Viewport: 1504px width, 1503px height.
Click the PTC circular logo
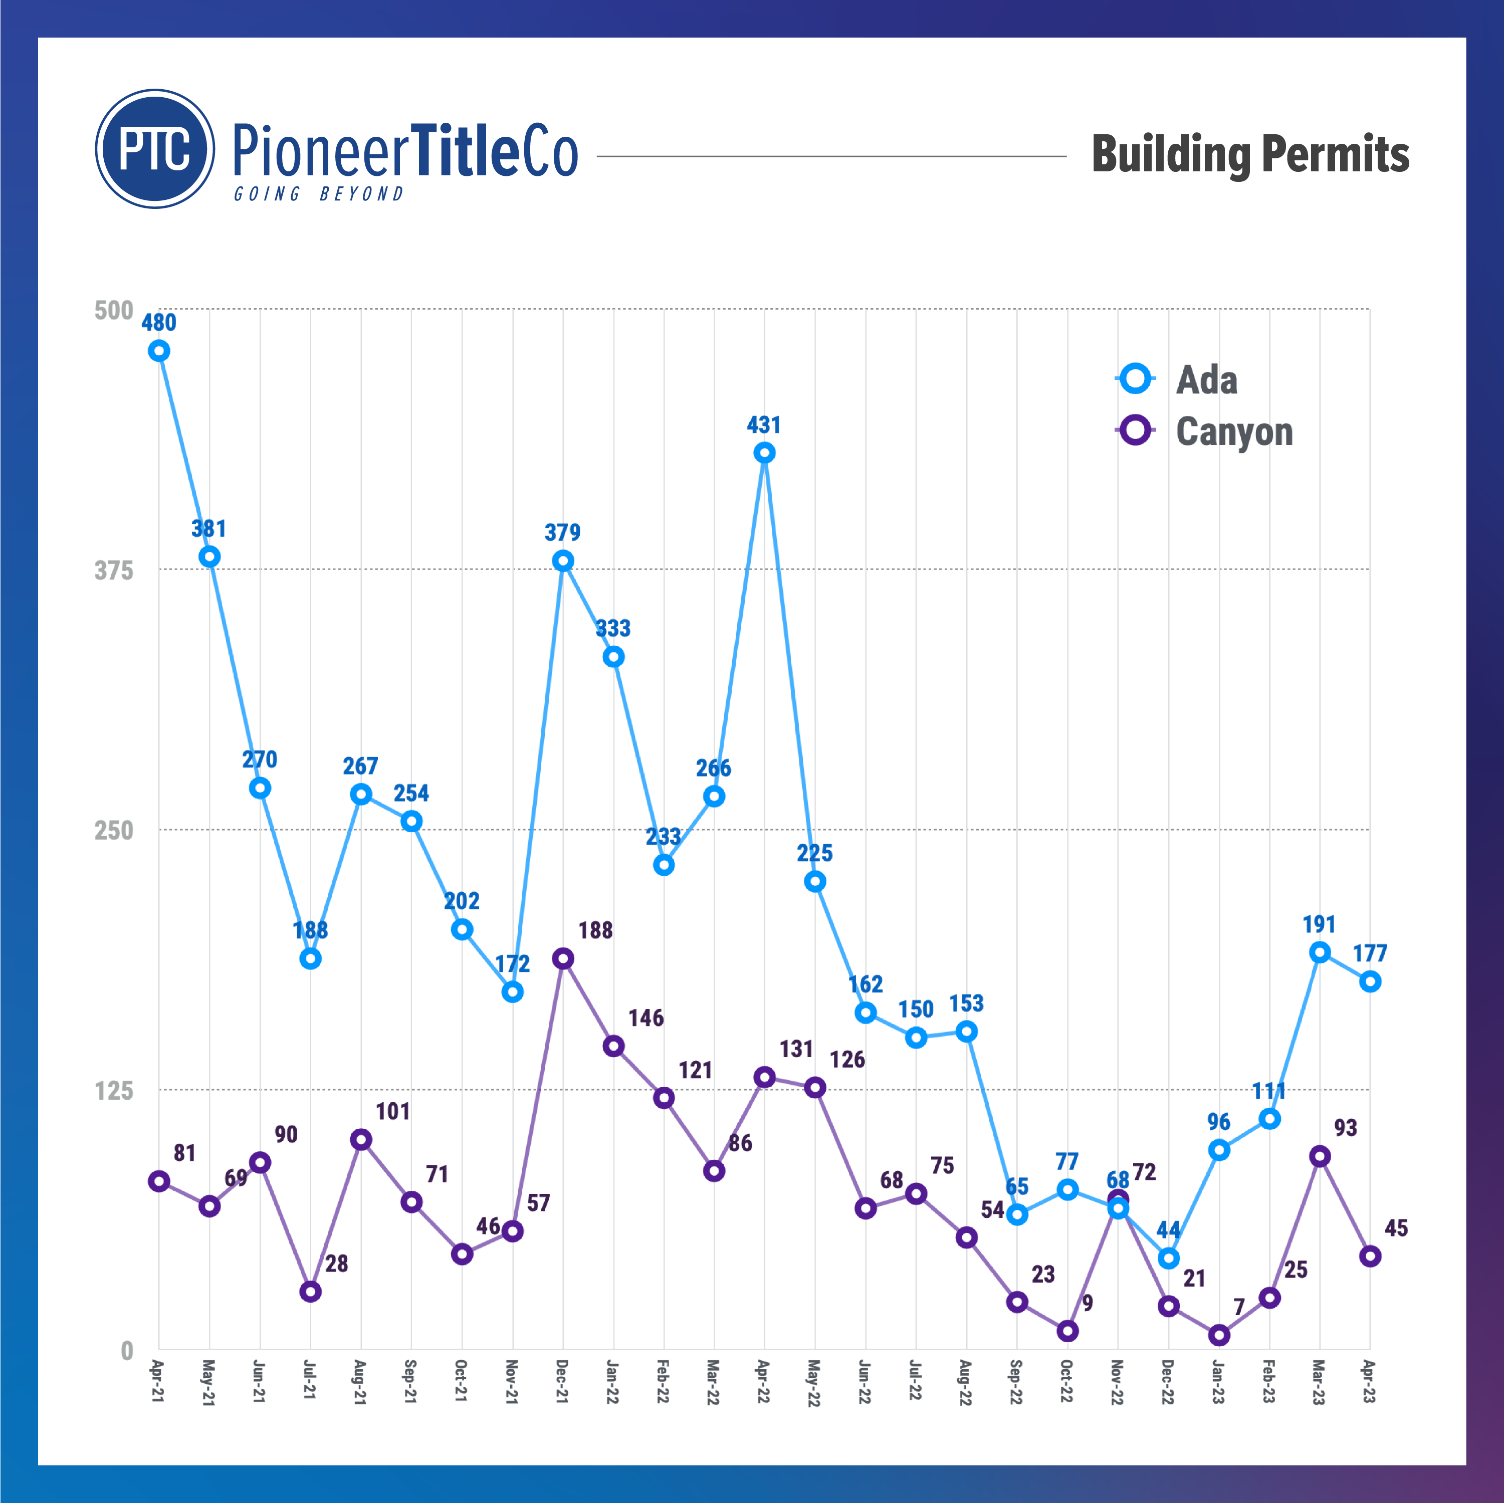(155, 149)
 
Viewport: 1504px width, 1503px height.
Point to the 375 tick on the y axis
(114, 571)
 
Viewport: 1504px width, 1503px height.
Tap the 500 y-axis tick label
(114, 311)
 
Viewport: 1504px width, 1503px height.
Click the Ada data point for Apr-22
(764, 453)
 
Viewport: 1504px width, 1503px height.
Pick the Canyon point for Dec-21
(563, 958)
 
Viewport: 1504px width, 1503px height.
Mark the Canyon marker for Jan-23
(1219, 1335)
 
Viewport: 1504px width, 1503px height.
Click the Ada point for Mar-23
(1320, 952)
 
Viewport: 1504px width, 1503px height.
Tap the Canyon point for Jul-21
(311, 1291)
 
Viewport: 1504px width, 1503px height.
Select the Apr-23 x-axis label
(1369, 1382)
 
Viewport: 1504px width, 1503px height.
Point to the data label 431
(764, 425)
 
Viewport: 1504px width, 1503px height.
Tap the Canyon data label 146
(646, 1018)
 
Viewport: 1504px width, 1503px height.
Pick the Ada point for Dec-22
(1169, 1259)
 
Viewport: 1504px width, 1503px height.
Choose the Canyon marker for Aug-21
(360, 1139)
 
